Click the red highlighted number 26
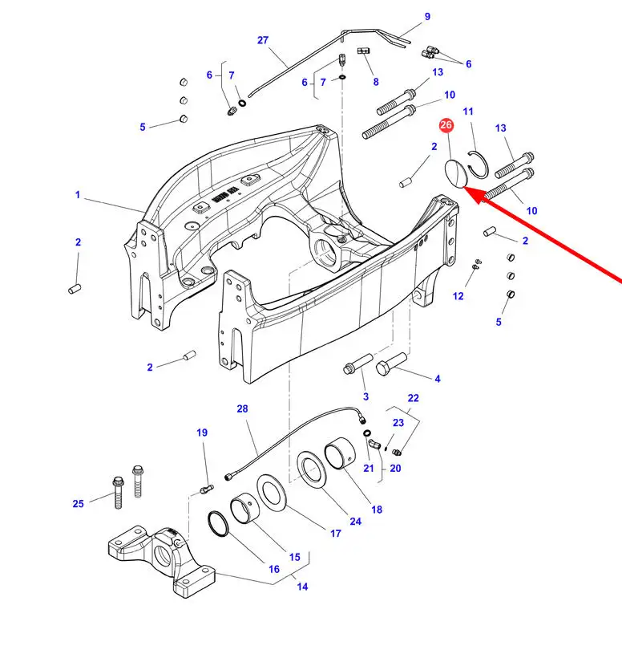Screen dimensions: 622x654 446,124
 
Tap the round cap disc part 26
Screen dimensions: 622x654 456,173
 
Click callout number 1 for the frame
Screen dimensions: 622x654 78,195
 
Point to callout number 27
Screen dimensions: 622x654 262,40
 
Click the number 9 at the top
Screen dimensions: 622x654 427,17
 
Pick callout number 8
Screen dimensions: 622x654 376,82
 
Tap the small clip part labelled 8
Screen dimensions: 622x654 364,51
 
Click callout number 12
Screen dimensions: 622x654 458,296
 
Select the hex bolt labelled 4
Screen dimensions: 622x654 391,364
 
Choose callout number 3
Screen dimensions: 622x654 366,396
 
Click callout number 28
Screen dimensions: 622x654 242,408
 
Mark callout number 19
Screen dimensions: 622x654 202,433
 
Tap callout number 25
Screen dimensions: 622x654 79,503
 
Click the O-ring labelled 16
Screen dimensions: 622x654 218,523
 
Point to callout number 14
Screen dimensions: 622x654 302,587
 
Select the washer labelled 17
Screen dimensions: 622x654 271,492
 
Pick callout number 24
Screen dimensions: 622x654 355,522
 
